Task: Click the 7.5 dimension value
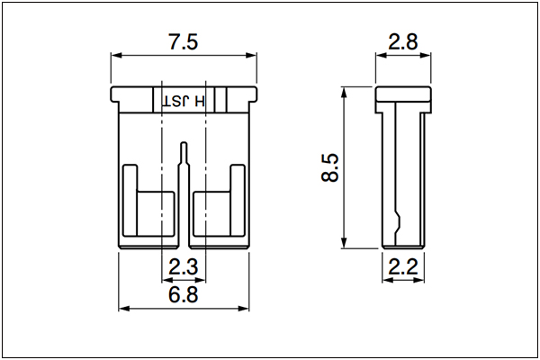184,41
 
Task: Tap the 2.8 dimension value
403,41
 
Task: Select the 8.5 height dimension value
330,167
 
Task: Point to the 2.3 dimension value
184,266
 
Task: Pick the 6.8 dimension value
184,294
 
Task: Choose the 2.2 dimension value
403,266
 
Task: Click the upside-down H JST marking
184,102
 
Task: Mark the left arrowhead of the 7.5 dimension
116,56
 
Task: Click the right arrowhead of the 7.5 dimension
251,56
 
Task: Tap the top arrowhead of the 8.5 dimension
344,93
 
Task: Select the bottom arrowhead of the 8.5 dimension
344,242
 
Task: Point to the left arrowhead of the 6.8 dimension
124,308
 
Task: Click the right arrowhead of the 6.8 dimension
244,308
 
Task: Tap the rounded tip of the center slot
184,142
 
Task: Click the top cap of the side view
403,94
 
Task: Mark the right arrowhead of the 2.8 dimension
426,56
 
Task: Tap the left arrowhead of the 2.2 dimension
388,280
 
